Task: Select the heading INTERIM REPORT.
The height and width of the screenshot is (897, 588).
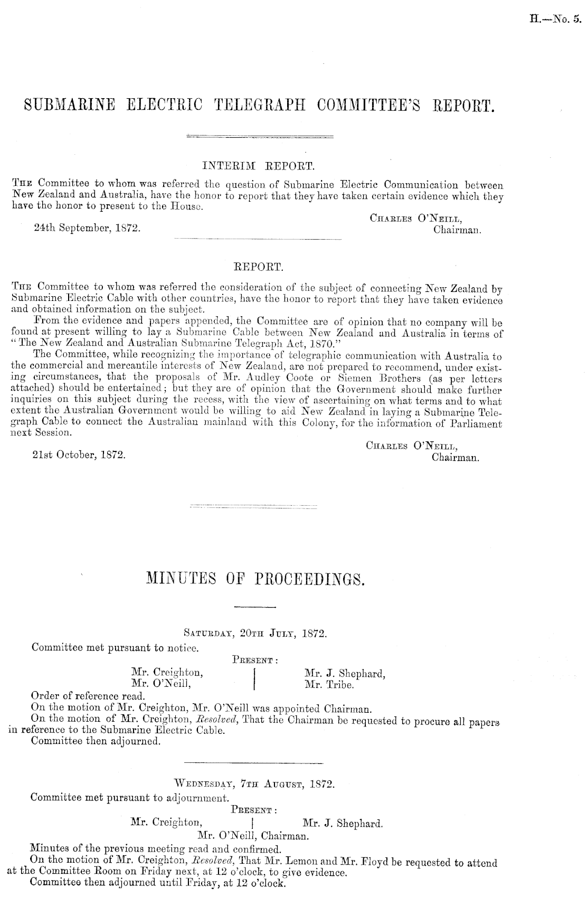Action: pos(258,166)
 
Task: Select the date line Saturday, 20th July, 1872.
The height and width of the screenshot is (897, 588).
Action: pos(255,633)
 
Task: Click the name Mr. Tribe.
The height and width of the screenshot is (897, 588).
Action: pos(329,684)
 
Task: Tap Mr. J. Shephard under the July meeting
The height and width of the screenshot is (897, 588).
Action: pos(344,673)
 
